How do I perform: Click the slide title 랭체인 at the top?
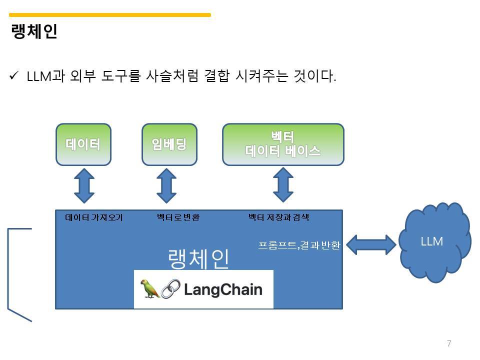[x=34, y=31]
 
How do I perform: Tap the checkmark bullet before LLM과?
[x=14, y=76]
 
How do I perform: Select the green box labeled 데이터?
[x=83, y=144]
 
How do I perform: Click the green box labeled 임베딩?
[x=169, y=144]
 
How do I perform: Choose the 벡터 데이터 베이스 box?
[x=283, y=144]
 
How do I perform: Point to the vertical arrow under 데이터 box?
[x=84, y=185]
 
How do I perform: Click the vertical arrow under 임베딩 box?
[x=166, y=185]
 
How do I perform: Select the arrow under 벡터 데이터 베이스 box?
[x=283, y=184]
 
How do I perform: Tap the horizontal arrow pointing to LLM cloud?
[x=370, y=244]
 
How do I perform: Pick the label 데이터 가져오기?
[x=94, y=217]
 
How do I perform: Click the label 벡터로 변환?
[x=178, y=217]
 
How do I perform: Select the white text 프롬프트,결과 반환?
[x=299, y=245]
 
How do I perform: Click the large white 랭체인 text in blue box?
[x=198, y=258]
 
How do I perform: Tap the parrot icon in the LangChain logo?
[x=149, y=289]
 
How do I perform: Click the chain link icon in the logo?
[x=170, y=289]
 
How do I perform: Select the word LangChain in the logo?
[x=223, y=289]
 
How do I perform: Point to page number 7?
[x=449, y=343]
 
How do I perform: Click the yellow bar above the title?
[x=110, y=15]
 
